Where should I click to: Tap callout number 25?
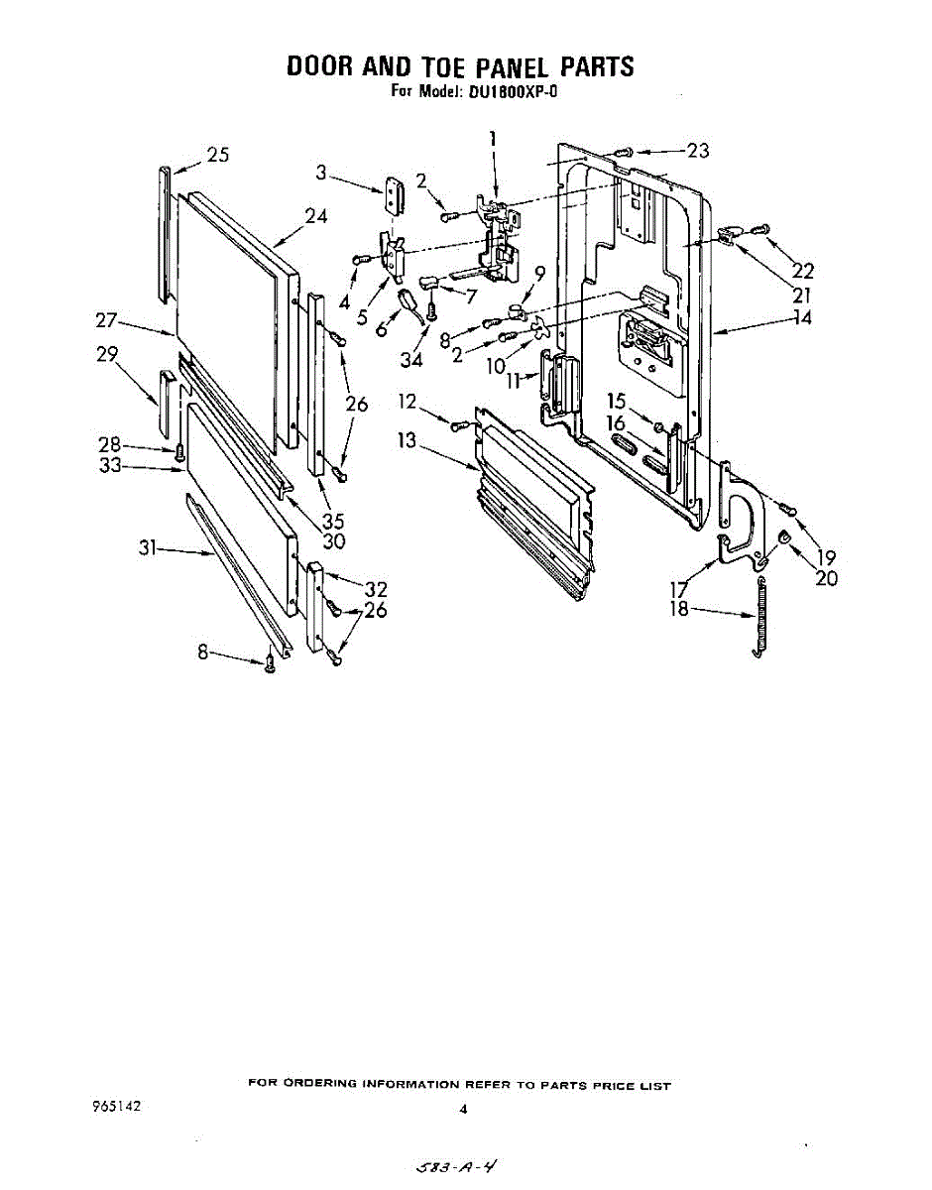pyautogui.click(x=217, y=155)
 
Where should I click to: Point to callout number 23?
pyautogui.click(x=697, y=151)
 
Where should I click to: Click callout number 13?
pyautogui.click(x=408, y=440)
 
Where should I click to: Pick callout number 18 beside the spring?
pyautogui.click(x=679, y=608)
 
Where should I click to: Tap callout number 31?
pyautogui.click(x=150, y=546)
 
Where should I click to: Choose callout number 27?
pyautogui.click(x=107, y=320)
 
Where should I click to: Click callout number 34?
pyautogui.click(x=410, y=359)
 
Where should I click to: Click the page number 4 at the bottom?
pyautogui.click(x=462, y=1110)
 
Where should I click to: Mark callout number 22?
pyautogui.click(x=802, y=270)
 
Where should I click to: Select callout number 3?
pyautogui.click(x=320, y=173)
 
